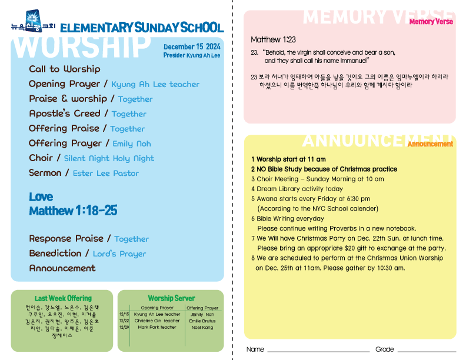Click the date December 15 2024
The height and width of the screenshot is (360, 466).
coord(192,46)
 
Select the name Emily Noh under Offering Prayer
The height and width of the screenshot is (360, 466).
coord(132,144)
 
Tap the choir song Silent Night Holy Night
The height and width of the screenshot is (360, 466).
coord(109,158)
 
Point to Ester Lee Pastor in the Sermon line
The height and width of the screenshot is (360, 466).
coord(106,174)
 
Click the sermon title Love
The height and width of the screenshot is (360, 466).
coord(41,196)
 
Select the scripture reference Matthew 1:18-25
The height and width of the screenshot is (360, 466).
coord(73,211)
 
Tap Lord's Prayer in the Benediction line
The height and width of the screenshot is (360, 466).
coord(119,254)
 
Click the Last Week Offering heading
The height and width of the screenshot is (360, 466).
coord(63,298)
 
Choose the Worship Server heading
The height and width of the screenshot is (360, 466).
coord(171,298)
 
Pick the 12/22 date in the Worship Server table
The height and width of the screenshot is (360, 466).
coord(124,321)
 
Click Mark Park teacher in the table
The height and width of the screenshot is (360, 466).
coord(157,327)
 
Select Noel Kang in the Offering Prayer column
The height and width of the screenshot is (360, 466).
coord(202,327)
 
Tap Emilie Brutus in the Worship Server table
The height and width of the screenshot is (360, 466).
coord(202,321)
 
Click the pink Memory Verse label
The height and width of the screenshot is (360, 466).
coord(431,22)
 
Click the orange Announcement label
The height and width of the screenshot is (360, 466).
coord(430,144)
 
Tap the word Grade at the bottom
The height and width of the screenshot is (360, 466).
coord(384,349)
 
